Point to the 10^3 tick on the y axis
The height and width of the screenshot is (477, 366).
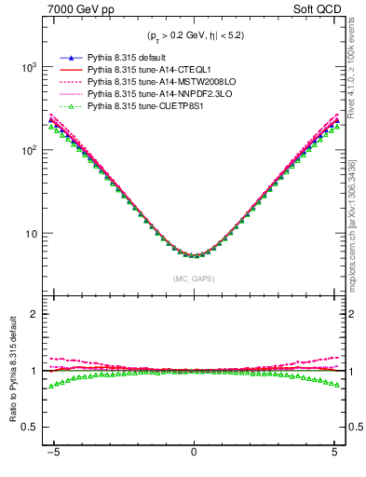(30, 68)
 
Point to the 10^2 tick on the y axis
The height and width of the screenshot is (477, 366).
(30, 150)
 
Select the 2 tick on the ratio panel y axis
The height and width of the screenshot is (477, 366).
(34, 314)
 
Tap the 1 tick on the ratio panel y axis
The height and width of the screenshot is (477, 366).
(34, 371)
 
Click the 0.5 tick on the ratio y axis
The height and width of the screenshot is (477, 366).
(30, 428)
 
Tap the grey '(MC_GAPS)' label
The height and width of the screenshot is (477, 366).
(193, 279)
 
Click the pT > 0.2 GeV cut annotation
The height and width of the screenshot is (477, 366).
(194, 37)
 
